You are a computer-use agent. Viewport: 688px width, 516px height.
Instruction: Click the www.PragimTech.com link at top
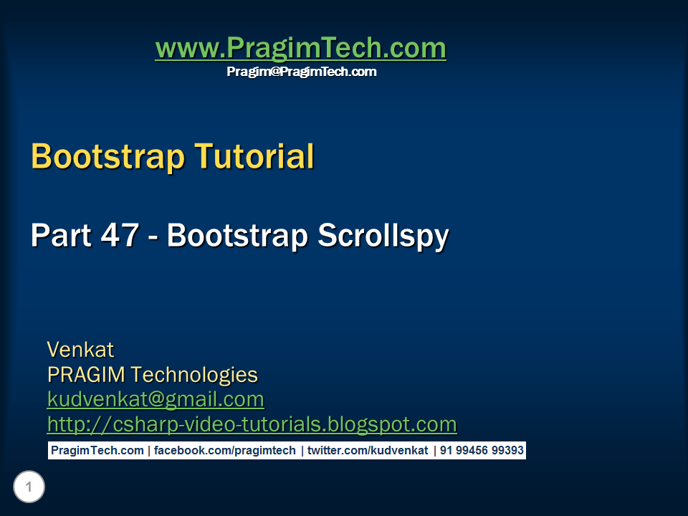click(x=300, y=49)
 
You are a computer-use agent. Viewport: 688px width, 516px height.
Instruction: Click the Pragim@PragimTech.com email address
click(x=302, y=72)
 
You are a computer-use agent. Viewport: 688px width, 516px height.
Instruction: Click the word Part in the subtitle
click(x=59, y=236)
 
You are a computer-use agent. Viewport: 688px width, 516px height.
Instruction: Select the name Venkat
click(x=80, y=350)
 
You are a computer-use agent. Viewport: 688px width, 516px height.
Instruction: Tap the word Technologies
click(x=195, y=374)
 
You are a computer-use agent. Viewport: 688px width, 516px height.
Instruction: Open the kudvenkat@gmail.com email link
click(x=156, y=399)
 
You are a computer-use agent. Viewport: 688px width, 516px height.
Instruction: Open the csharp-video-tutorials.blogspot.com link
click(x=252, y=424)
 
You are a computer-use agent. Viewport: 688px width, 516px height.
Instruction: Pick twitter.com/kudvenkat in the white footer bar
click(x=368, y=451)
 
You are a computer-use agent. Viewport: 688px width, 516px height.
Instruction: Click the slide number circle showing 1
click(x=29, y=488)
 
